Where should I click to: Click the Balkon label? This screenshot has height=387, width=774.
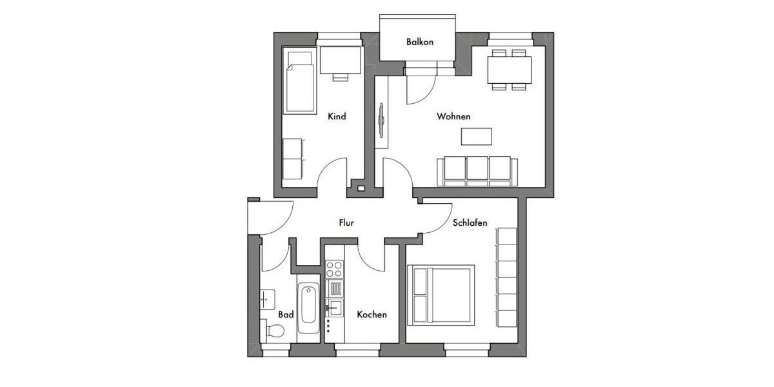coord(419,42)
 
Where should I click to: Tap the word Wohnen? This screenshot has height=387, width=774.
coord(453,117)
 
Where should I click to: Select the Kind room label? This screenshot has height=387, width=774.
coord(337,117)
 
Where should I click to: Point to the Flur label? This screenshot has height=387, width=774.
coord(346,223)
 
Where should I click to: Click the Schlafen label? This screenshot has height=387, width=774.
coord(470,223)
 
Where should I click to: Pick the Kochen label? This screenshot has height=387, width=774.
coord(372,315)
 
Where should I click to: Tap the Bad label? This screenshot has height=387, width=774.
coord(286,315)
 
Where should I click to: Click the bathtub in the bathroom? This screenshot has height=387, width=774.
coord(308,308)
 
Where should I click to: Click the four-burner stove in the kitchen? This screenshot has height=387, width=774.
coord(334,269)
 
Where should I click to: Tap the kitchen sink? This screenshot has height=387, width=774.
coord(335,306)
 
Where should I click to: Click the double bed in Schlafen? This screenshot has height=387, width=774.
coord(441,294)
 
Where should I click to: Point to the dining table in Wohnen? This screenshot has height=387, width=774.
coord(510,69)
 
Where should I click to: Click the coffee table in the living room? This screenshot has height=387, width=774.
coord(476,136)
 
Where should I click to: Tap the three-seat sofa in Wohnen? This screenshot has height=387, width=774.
coord(478,170)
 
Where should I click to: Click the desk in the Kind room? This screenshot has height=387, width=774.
coord(340,61)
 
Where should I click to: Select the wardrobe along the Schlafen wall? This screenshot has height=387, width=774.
coord(506,277)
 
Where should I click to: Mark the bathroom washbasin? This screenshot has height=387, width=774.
coord(268,298)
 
